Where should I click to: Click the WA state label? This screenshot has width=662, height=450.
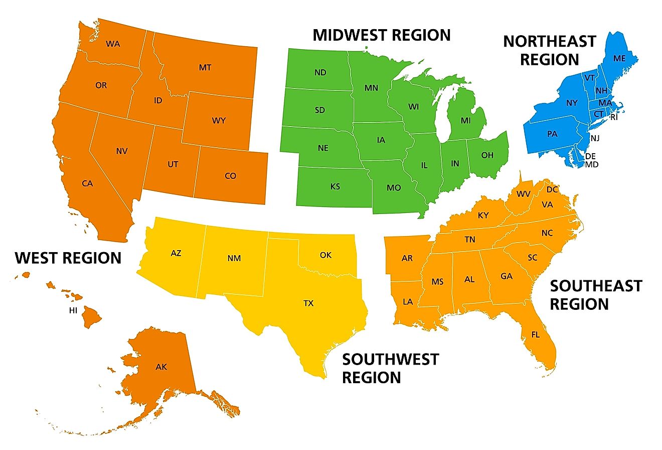click(x=113, y=44)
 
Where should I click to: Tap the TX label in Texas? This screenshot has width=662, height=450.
click(x=308, y=303)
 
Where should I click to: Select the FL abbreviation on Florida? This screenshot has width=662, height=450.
click(x=535, y=334)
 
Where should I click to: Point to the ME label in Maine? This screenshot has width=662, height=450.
click(x=619, y=58)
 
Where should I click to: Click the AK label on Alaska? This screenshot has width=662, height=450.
click(x=161, y=367)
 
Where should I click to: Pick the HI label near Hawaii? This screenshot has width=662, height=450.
click(x=73, y=310)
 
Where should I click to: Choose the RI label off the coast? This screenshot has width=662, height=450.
click(x=614, y=117)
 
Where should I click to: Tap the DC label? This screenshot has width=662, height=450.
click(x=552, y=189)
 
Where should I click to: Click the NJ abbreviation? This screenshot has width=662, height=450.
click(x=595, y=138)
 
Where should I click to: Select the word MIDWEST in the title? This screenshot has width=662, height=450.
click(x=349, y=35)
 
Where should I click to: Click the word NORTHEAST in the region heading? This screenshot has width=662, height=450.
click(x=550, y=41)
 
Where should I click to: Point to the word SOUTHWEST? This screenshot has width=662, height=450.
click(x=390, y=359)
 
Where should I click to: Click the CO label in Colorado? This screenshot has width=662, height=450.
click(x=230, y=176)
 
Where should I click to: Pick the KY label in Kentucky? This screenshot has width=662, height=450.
click(x=483, y=215)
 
